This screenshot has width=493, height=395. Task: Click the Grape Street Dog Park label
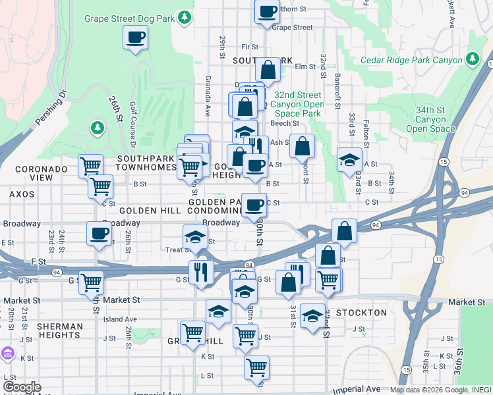pyautogui.click(x=129, y=18)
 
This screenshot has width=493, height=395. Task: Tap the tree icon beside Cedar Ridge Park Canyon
pyautogui.click(x=473, y=61)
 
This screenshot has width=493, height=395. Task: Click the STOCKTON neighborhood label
pyautogui.click(x=361, y=312)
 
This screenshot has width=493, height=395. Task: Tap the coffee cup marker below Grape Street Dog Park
pyautogui.click(x=136, y=37)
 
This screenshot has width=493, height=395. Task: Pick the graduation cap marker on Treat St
pyautogui.click(x=195, y=237)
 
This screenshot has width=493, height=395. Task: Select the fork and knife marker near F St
pyautogui.click(x=201, y=272)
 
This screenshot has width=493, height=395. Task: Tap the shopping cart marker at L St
pyautogui.click(x=256, y=367)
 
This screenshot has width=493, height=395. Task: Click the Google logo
pyautogui.click(x=22, y=387)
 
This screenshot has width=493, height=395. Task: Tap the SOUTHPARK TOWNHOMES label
pyautogui.click(x=146, y=164)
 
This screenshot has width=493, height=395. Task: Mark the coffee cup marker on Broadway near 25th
pyautogui.click(x=100, y=234)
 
